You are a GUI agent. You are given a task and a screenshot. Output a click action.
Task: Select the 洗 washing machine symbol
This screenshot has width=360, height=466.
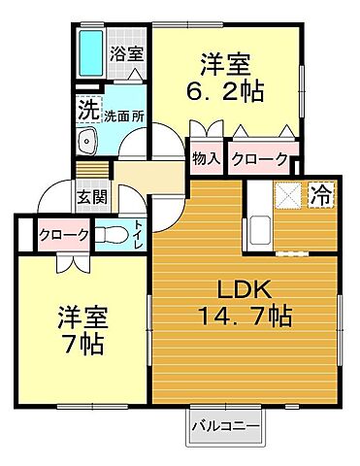pyautogui.click(x=87, y=111)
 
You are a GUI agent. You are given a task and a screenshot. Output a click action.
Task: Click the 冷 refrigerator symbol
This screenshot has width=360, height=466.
pyautogui.click(x=319, y=194)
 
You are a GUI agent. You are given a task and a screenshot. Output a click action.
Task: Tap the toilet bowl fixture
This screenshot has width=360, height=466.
pyautogui.click(x=111, y=233)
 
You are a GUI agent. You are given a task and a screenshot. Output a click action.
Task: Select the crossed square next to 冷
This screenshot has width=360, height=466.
pyautogui.click(x=288, y=194)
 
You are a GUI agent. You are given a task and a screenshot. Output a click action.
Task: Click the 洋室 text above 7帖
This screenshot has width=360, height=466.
pyautogui.click(x=80, y=316)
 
